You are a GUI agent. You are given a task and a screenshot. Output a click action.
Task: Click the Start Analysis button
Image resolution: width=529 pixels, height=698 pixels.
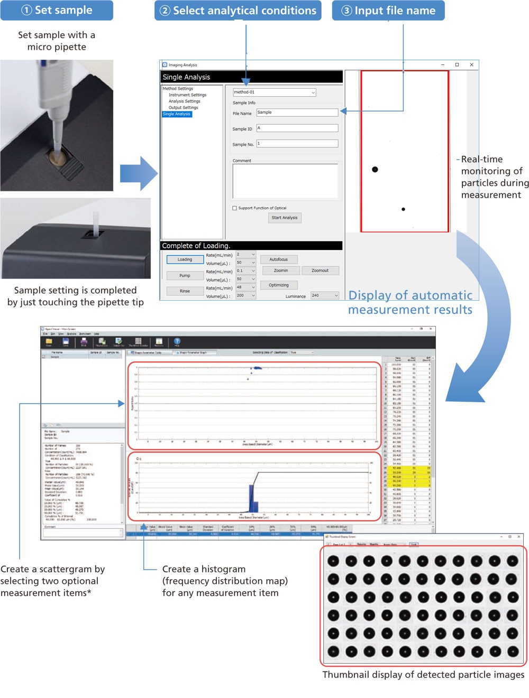click(285, 218)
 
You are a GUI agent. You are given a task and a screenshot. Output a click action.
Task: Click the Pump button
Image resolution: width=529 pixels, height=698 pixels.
click(185, 276)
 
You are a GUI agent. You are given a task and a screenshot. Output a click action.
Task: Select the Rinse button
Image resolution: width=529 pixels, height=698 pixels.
click(185, 291)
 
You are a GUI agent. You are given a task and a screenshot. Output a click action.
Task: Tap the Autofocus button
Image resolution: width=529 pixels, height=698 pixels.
click(279, 259)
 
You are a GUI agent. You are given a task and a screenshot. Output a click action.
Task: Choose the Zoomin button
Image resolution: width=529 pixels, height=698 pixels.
click(281, 271)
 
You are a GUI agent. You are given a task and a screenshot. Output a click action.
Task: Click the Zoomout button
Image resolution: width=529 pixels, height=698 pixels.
click(320, 271)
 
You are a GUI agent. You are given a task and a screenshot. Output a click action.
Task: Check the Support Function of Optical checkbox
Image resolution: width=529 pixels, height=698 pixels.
click(235, 208)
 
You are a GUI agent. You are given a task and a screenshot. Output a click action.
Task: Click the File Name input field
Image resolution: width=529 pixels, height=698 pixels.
click(297, 113)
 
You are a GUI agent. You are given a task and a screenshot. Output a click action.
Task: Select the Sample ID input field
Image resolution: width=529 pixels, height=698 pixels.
click(297, 128)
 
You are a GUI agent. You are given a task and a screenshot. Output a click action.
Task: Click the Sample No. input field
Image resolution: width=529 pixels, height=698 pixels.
click(297, 144)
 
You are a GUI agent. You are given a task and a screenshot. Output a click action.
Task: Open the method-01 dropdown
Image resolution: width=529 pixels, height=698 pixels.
click(275, 92)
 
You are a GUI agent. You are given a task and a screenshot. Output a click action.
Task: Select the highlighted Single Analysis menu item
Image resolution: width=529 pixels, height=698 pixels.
click(177, 114)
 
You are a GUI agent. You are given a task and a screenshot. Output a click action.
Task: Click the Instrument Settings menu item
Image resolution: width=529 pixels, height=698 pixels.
click(187, 95)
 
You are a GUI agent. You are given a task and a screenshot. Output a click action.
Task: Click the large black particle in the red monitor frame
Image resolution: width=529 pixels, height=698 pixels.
click(375, 170)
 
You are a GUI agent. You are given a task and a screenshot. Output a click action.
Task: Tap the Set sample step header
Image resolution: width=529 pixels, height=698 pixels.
click(57, 11)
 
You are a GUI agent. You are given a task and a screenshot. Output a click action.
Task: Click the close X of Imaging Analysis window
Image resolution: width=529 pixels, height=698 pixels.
click(471, 65)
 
